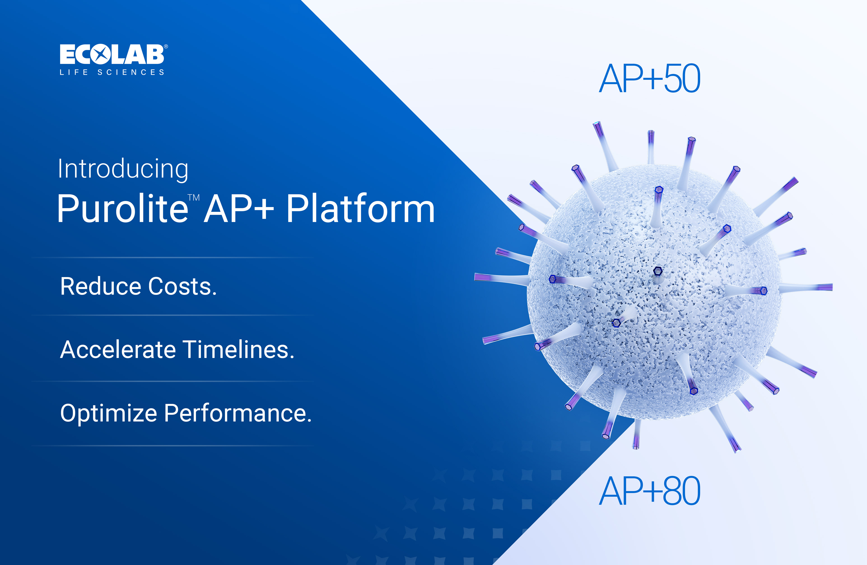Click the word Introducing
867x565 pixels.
click(x=123, y=169)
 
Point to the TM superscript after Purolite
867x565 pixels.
click(x=193, y=198)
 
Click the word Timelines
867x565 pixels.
click(x=238, y=350)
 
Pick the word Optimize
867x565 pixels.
click(x=109, y=413)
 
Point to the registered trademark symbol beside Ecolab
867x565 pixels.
click(x=166, y=47)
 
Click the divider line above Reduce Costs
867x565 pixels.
click(x=173, y=257)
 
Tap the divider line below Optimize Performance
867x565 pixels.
click(x=173, y=446)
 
